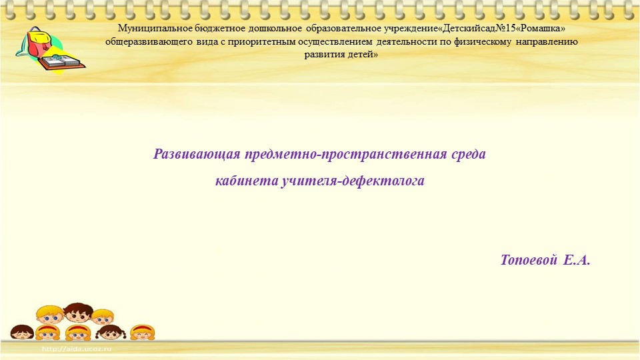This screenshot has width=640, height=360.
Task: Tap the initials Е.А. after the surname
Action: coord(577,260)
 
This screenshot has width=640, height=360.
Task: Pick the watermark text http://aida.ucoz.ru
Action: coord(77,349)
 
